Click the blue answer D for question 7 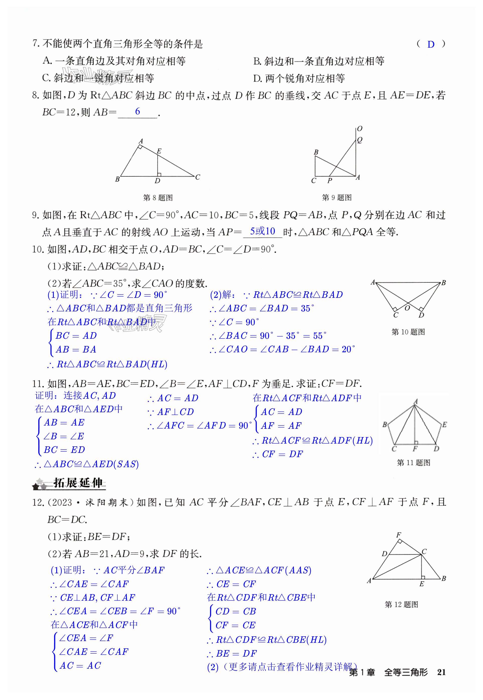(431, 44)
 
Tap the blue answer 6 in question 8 (137, 111)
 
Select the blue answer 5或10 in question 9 (262, 231)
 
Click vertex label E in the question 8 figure (159, 151)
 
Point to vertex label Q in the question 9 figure (360, 140)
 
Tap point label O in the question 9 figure (360, 129)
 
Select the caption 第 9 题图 (336, 198)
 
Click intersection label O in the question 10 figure (407, 308)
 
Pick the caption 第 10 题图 (408, 332)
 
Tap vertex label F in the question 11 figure (415, 449)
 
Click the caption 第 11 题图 (413, 463)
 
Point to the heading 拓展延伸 (78, 483)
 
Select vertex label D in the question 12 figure (384, 553)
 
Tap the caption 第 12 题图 (401, 604)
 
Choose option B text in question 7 (319, 61)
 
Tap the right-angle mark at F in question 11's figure (417, 443)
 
